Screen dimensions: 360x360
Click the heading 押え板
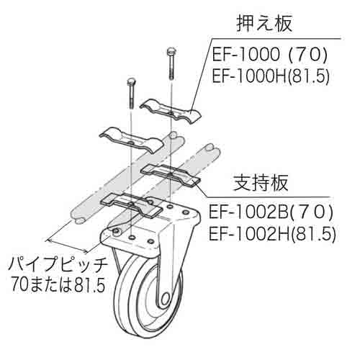[x=264, y=24]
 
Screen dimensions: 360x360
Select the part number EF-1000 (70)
[x=269, y=55]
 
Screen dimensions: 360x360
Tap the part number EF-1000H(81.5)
[x=270, y=77]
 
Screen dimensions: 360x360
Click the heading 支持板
[x=261, y=183]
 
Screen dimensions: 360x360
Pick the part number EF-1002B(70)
[x=271, y=213]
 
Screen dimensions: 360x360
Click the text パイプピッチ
[x=58, y=266]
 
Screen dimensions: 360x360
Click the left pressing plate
[x=132, y=140]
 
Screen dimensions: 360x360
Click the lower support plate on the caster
[x=131, y=205]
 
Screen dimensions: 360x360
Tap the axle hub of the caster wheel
[x=165, y=299]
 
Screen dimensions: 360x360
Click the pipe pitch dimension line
[x=68, y=246]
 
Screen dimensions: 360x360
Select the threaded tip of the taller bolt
[x=171, y=75]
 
